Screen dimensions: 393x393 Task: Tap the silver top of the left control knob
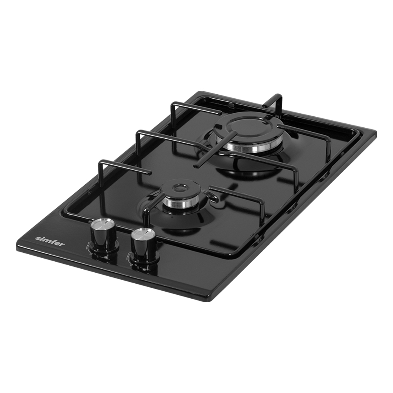coord(103,224)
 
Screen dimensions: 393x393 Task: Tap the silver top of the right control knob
coord(143,234)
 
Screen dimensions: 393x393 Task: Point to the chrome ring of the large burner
coord(251,147)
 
